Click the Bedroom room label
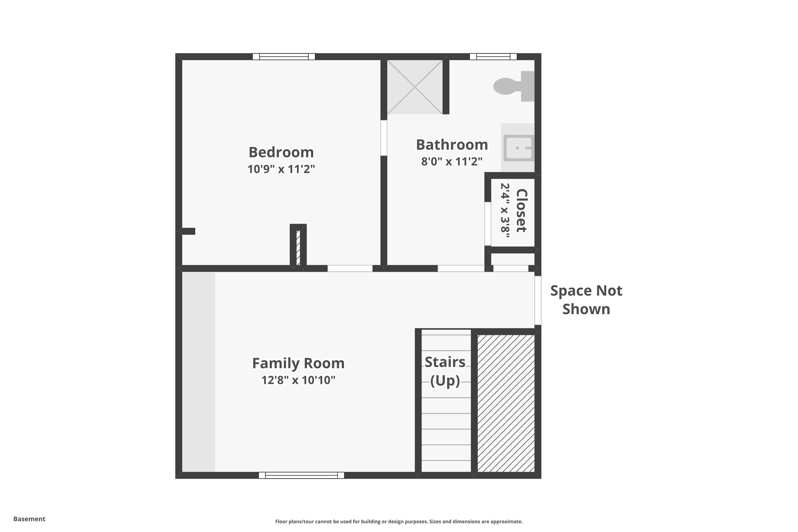tap(281, 152)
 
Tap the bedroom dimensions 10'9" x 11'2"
tap(281, 169)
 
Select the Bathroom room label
tap(452, 145)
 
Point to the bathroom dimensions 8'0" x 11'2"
tap(452, 161)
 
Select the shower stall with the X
tap(415, 87)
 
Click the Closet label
tap(521, 210)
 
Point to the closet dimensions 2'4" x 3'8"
tap(505, 210)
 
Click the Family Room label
tap(298, 363)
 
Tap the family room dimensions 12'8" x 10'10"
tap(298, 380)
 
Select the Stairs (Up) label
tap(445, 371)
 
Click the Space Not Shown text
tap(586, 300)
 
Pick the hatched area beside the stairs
tap(506, 403)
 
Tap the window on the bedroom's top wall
tap(284, 57)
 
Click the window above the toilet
tap(493, 57)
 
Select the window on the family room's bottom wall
tap(301, 475)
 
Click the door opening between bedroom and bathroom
tap(384, 138)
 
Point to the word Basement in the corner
tap(29, 519)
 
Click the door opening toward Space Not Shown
tap(538, 300)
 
